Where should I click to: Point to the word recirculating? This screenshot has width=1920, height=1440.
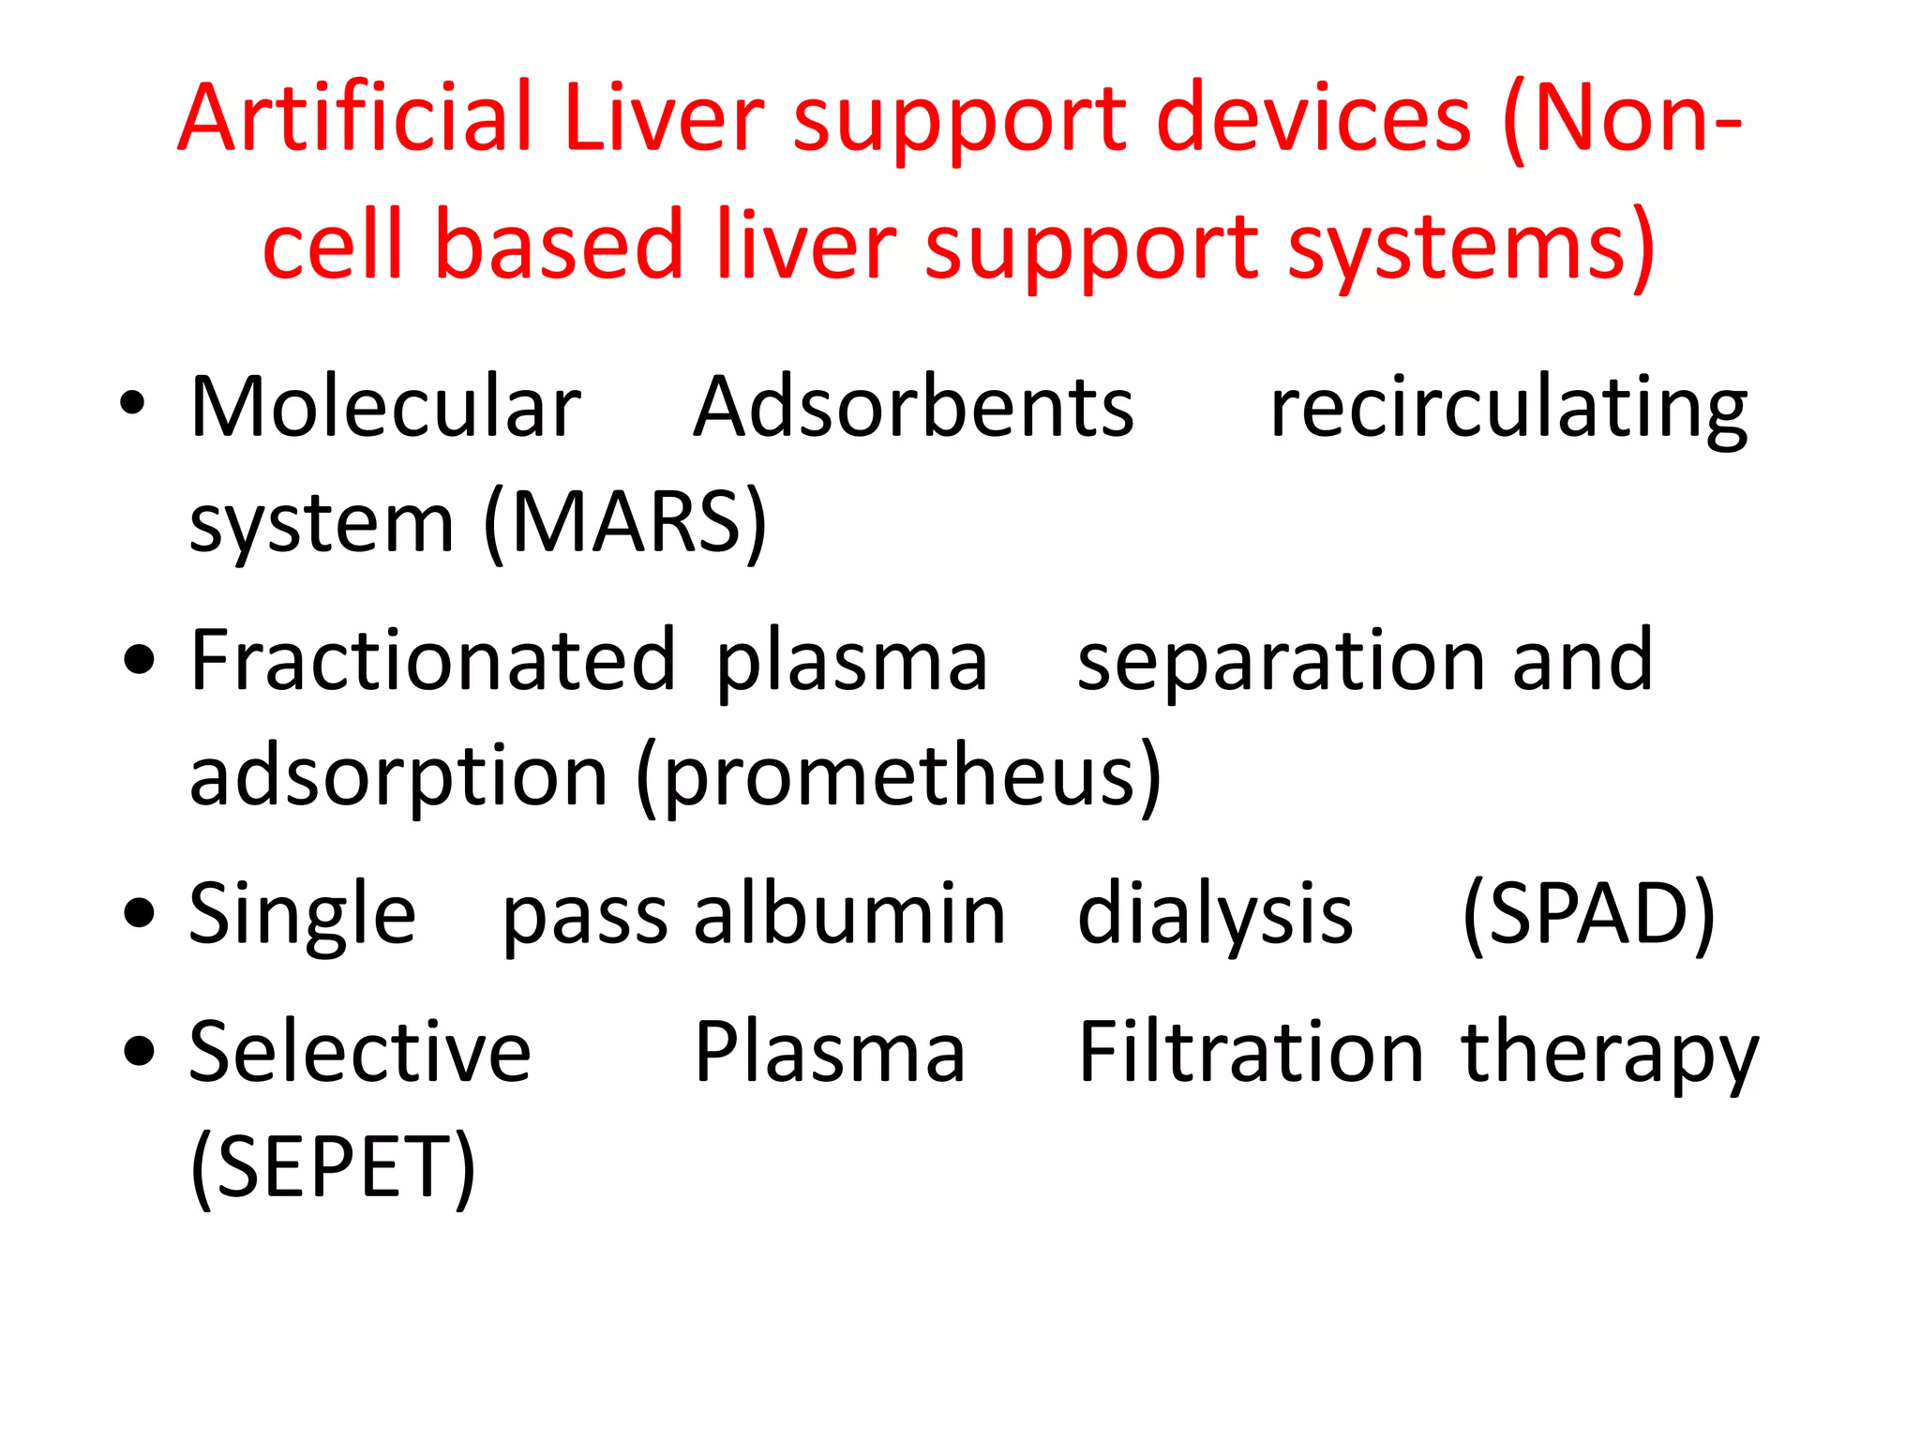[x=1508, y=409]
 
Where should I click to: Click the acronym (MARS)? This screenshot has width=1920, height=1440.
[x=625, y=523]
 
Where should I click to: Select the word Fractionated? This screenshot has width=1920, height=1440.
[x=432, y=660]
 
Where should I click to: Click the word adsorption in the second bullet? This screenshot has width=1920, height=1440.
[x=398, y=776]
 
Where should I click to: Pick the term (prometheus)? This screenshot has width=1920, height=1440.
[x=899, y=776]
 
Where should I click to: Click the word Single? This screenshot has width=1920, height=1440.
[x=302, y=914]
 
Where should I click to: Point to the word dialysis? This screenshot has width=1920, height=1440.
[x=1215, y=914]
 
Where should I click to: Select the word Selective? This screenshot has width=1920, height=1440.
[x=360, y=1052]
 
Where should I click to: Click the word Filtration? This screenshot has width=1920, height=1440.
[x=1251, y=1052]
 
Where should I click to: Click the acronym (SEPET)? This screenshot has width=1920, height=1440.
[x=333, y=1167]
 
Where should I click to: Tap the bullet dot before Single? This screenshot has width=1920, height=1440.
[x=139, y=913]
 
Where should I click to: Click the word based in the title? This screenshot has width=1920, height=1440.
[x=558, y=245]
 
